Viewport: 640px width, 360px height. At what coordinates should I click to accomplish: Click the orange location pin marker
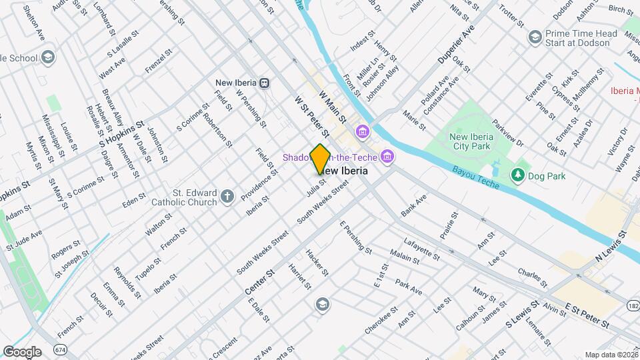[320, 159]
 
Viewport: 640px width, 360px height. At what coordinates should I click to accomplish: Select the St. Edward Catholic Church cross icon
[228, 196]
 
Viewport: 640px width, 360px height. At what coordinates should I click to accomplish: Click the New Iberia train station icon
[265, 83]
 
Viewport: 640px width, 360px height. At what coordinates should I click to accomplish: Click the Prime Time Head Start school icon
[534, 37]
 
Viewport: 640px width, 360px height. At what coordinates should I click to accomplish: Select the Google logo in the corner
[22, 351]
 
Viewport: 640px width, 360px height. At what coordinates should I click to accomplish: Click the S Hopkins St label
[121, 134]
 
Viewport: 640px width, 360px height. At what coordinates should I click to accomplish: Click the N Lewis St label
[612, 245]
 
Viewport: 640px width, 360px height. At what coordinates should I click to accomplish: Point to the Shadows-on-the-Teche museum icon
[386, 157]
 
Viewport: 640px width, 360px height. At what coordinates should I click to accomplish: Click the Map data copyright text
[611, 355]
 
